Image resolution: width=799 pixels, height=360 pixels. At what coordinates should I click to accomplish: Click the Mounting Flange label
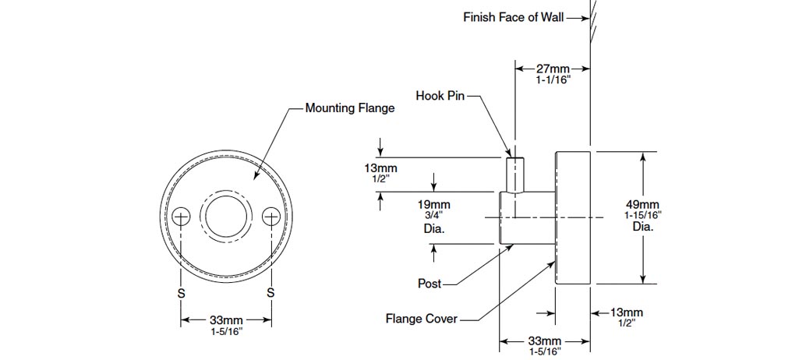point(349,108)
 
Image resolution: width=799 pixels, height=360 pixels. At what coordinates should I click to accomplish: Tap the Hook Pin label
point(440,96)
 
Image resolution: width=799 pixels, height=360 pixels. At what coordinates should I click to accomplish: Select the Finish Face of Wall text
point(512,17)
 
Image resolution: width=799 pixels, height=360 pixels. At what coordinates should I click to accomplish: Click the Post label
point(430,284)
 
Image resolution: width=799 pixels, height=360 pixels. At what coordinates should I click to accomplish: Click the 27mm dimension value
point(553,69)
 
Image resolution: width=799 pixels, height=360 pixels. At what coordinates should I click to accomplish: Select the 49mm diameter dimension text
point(642,206)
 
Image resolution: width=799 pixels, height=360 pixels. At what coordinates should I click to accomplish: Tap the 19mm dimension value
point(434,206)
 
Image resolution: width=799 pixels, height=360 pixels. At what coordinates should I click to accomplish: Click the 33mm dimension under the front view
point(226,320)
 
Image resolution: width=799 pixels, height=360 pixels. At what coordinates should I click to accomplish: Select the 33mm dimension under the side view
point(544,341)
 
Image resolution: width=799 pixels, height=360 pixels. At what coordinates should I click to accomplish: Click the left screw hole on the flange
point(181,216)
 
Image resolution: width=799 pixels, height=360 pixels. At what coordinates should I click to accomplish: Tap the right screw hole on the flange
point(270,216)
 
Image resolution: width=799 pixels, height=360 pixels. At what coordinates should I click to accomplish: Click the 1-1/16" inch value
point(553,80)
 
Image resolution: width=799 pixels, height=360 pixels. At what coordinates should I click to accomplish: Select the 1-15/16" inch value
point(642,215)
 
